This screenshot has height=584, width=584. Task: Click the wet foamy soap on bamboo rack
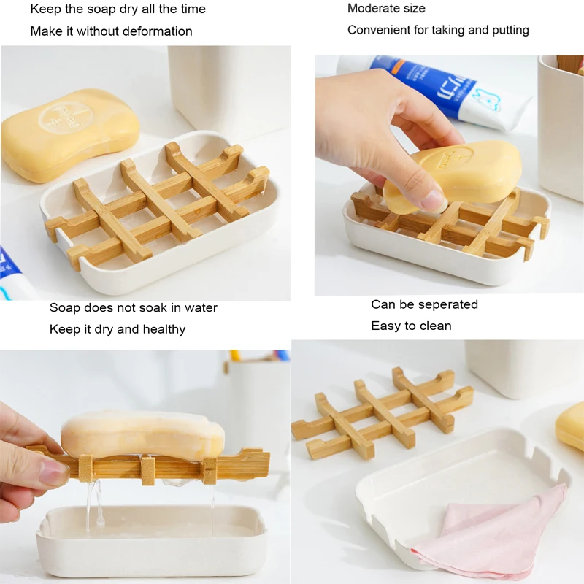[x=142, y=435]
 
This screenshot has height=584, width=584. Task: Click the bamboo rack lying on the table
[x=383, y=412]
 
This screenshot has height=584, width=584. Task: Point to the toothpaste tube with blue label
[x=438, y=88]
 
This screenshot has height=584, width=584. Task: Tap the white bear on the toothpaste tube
[x=485, y=99]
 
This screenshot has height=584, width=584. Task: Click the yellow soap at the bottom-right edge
[x=571, y=426]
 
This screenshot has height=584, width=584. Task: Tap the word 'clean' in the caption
[x=435, y=326]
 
